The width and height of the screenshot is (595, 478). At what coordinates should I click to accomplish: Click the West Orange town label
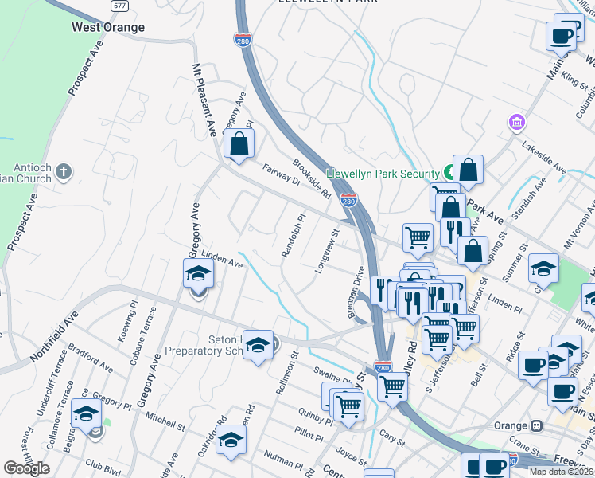(x=108, y=27)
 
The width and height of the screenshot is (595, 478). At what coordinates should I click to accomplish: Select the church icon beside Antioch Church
(x=64, y=171)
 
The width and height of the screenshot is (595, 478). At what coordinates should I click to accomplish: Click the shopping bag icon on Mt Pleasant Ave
(x=239, y=144)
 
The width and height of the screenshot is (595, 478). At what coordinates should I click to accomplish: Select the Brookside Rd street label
(x=311, y=178)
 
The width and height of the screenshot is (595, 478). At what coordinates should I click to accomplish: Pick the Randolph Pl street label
(x=292, y=234)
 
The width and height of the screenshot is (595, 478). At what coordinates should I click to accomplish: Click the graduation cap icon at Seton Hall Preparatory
(x=258, y=346)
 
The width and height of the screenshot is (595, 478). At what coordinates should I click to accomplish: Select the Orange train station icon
(x=537, y=425)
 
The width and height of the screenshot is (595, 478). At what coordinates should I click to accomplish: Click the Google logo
(x=26, y=468)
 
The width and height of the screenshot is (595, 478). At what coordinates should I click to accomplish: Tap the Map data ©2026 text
(x=561, y=472)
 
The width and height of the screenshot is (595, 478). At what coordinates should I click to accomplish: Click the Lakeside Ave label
(x=543, y=159)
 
